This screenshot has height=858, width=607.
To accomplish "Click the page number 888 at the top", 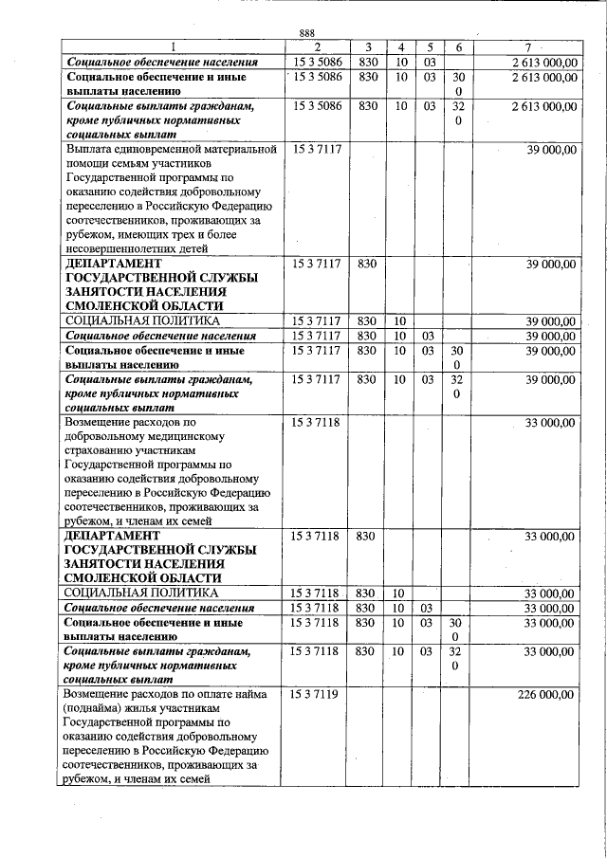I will point(306,33).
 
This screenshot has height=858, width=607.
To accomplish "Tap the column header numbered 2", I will point(316,47).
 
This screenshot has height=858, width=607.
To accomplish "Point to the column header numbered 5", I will point(430,47).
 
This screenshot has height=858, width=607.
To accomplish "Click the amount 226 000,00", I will point(546,695).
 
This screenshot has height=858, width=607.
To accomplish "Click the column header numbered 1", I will point(173,47).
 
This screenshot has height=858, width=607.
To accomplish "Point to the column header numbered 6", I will point(458,47).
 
